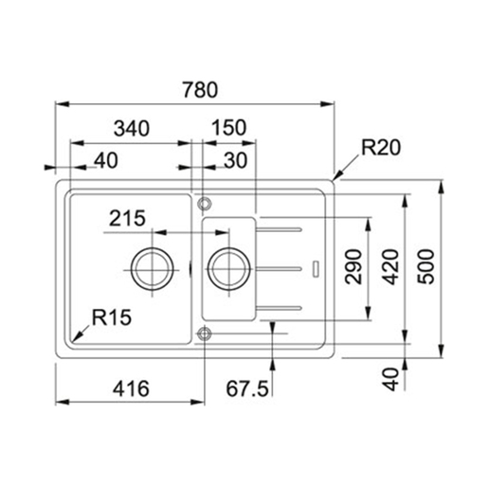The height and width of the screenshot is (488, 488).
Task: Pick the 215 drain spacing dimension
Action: pos(126,219)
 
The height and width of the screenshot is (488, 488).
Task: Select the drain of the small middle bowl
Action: pos(227,267)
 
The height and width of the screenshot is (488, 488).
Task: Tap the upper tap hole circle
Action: pos(203,203)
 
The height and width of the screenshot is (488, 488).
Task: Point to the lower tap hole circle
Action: pos(203,333)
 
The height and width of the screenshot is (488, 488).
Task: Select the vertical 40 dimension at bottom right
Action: pos(390,379)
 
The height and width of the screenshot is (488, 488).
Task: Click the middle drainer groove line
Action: pos(282,268)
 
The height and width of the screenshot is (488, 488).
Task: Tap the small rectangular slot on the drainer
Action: pos(316,268)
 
